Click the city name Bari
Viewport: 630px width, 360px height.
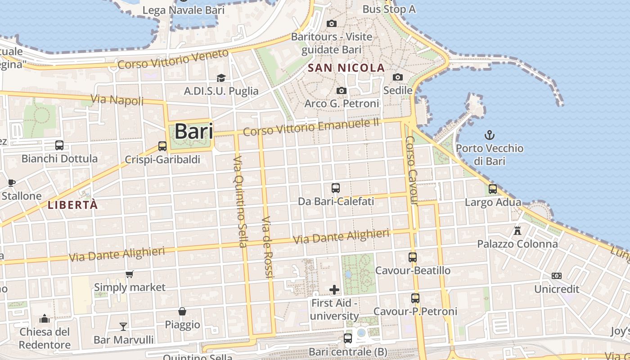193,132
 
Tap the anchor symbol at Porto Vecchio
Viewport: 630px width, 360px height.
489,135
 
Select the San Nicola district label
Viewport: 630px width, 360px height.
346,68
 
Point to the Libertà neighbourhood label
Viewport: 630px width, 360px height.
72,205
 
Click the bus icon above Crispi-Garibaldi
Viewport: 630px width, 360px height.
162,146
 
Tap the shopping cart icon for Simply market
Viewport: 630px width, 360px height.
130,274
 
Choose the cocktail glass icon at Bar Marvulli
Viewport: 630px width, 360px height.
123,326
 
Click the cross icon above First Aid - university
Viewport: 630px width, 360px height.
334,289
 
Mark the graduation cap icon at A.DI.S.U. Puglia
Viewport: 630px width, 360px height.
221,78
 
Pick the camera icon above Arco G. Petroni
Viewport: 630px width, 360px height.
342,91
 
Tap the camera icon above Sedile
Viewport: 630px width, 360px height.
398,77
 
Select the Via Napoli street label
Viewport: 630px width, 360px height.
117,99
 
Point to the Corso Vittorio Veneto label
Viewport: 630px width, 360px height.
173,59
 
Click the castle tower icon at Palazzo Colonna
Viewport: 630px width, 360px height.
517,231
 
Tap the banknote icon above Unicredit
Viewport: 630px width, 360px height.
557,276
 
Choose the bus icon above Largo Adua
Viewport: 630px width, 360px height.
493,189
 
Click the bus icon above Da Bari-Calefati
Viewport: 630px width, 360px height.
336,188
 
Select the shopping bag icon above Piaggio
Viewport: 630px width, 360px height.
182,311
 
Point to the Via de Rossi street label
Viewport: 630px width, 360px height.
267,247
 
